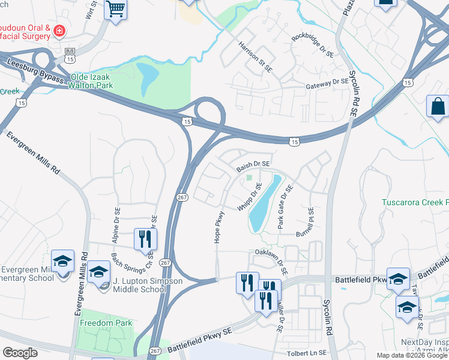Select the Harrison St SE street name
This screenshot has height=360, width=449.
pyautogui.click(x=255, y=57)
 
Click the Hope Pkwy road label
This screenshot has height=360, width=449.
pyautogui.click(x=218, y=227)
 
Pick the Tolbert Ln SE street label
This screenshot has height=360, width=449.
pyautogui.click(x=306, y=353)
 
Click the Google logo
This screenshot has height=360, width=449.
pyautogui.click(x=20, y=353)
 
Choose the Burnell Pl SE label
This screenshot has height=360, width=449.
pyautogui.click(x=310, y=221)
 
